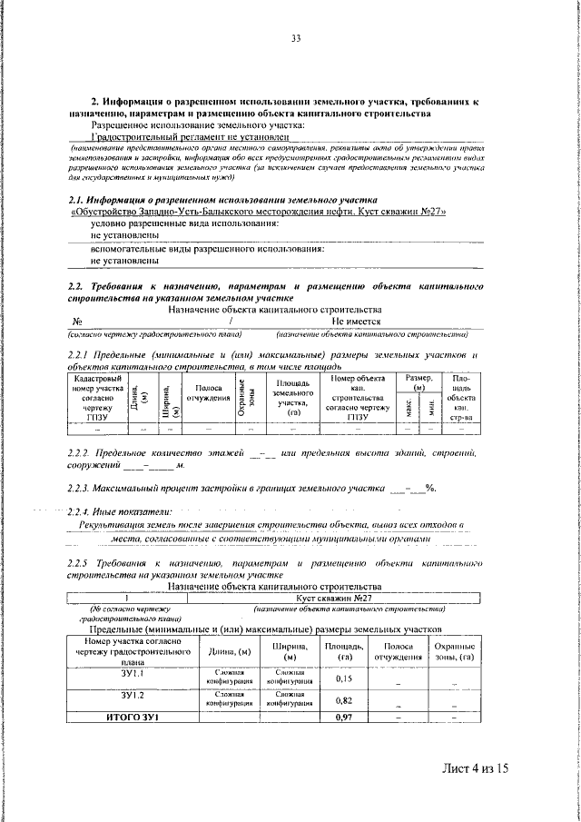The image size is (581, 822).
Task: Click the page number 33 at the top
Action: point(296,38)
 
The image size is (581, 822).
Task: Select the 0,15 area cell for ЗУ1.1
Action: point(343,678)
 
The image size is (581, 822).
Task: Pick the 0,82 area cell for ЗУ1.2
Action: point(343,700)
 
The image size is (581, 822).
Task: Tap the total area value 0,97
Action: point(343,718)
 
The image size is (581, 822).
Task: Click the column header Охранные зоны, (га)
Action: point(455,650)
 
